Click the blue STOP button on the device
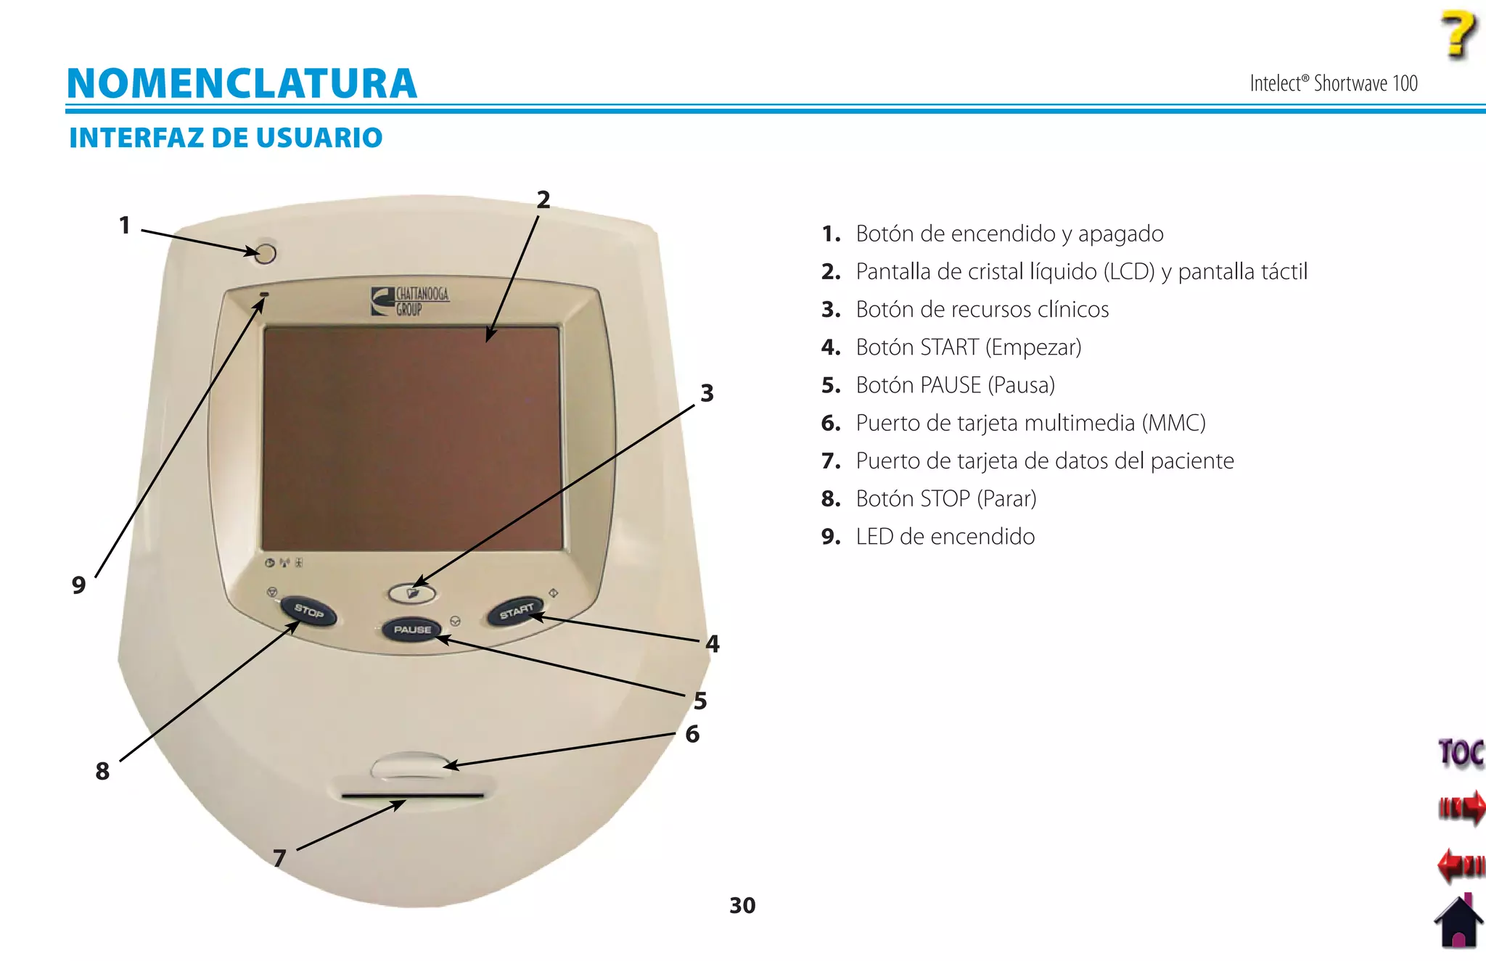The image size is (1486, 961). click(x=308, y=612)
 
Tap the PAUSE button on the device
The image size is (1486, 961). click(x=412, y=630)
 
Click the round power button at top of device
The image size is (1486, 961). click(x=266, y=253)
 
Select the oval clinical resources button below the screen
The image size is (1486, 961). click(x=412, y=594)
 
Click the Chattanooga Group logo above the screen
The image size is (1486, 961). click(x=411, y=301)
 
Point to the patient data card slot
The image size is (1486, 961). click(x=412, y=796)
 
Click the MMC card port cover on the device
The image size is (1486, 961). click(x=410, y=766)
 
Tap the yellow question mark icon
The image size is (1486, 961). click(x=1458, y=34)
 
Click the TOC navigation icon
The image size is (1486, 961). click(x=1460, y=754)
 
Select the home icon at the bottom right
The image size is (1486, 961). click(x=1459, y=921)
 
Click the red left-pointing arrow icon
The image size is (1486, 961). click(x=1460, y=865)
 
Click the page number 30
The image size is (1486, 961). click(x=742, y=905)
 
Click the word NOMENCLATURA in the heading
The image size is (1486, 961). click(x=242, y=83)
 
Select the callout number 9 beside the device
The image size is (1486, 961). click(x=79, y=585)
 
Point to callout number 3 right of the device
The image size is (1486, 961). click(x=707, y=393)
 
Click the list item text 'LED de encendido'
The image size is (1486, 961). click(x=945, y=537)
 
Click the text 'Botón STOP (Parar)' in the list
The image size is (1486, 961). click(x=945, y=499)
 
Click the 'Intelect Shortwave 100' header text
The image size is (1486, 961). click(x=1333, y=83)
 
